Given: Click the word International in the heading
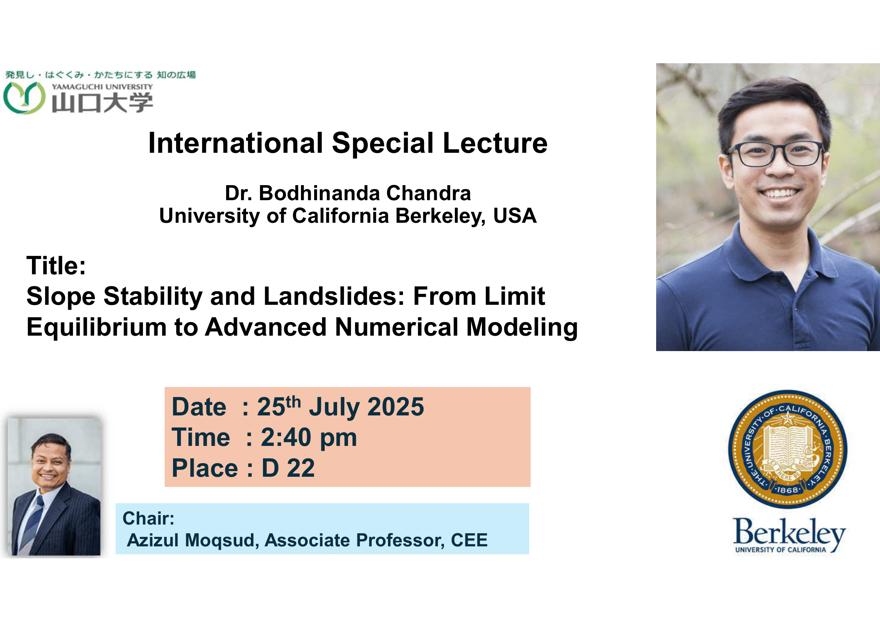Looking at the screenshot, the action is pyautogui.click(x=236, y=143).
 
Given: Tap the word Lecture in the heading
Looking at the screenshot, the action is pyautogui.click(x=495, y=143).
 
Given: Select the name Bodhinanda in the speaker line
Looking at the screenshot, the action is pyautogui.click(x=320, y=193).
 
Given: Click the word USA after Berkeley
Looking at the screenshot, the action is pyautogui.click(x=514, y=215).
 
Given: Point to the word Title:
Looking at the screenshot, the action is pyautogui.click(x=56, y=265).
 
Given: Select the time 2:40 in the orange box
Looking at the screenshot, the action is pyautogui.click(x=286, y=437).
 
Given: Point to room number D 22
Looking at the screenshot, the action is pyautogui.click(x=288, y=468).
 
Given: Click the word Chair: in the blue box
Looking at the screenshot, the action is pyautogui.click(x=148, y=518).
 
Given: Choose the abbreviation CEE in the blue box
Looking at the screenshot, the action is pyautogui.click(x=469, y=540).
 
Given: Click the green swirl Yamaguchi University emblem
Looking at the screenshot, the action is pyautogui.click(x=24, y=98).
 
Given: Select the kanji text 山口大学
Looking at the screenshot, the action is pyautogui.click(x=102, y=103).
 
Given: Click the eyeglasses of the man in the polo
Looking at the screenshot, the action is pyautogui.click(x=775, y=153).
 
